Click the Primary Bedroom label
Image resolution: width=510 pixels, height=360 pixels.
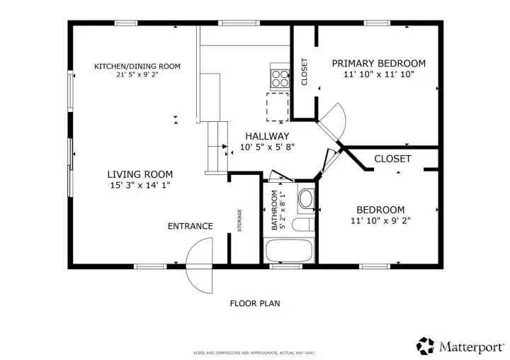tap(378, 63)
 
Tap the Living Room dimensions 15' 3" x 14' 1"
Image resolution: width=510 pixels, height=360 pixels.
tap(140, 185)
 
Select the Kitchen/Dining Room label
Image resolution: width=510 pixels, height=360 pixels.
tap(137, 67)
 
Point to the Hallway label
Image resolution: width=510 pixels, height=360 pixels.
tap(267, 136)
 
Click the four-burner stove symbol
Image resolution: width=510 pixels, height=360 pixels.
tap(280, 79)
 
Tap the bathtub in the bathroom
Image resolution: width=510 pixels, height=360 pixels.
tap(289, 250)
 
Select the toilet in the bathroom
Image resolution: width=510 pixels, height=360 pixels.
tap(303, 225)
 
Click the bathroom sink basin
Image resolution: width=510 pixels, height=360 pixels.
tap(306, 198)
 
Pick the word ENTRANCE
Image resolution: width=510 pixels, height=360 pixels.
tap(191, 226)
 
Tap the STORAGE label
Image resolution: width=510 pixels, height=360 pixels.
tap(239, 220)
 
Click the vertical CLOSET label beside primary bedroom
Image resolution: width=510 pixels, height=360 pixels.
tap(305, 72)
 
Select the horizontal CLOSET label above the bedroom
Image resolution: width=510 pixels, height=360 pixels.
tap(392, 159)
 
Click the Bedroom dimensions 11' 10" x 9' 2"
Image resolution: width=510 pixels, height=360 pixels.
tap(380, 220)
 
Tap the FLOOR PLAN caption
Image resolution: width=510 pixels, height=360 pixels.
tap(255, 304)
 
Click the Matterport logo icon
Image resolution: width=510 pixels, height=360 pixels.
tap(425, 346)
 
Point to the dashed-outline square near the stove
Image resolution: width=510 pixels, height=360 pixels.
tap(278, 107)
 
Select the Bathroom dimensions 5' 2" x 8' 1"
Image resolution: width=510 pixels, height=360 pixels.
tap(283, 210)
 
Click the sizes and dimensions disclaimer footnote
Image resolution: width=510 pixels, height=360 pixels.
tap(254, 353)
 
